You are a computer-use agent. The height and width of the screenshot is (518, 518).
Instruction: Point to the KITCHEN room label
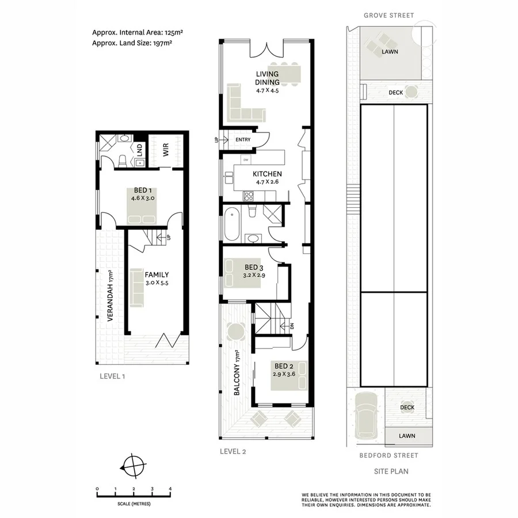(267, 174)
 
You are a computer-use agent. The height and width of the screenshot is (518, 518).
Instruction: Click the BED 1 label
(142, 191)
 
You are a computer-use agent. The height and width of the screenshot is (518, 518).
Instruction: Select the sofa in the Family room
(136, 287)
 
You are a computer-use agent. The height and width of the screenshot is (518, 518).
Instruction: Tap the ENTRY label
(242, 140)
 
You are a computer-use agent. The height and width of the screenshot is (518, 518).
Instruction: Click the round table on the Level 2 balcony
(236, 332)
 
